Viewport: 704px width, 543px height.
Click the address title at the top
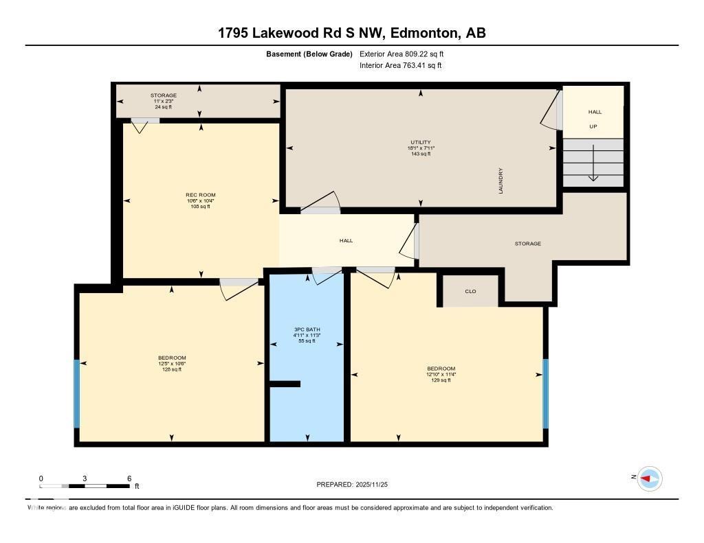click(x=351, y=33)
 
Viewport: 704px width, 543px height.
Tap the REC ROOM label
click(x=200, y=195)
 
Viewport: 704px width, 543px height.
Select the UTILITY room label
click(x=420, y=143)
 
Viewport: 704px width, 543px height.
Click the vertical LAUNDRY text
click(x=501, y=181)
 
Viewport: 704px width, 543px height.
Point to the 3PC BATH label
click(x=306, y=330)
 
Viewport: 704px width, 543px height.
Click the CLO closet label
click(x=470, y=291)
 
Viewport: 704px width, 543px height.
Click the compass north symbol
click(x=649, y=478)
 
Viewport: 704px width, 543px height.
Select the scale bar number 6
click(x=129, y=478)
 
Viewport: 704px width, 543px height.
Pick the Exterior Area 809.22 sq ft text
click(x=406, y=54)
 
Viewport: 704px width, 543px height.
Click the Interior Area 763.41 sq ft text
click(x=400, y=66)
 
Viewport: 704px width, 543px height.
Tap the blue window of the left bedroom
click(x=77, y=393)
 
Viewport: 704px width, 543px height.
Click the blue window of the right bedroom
click(x=546, y=393)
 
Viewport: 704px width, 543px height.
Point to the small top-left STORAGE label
click(x=164, y=95)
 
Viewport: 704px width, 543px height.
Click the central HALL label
click(x=346, y=241)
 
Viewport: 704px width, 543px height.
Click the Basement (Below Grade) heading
click(x=309, y=54)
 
